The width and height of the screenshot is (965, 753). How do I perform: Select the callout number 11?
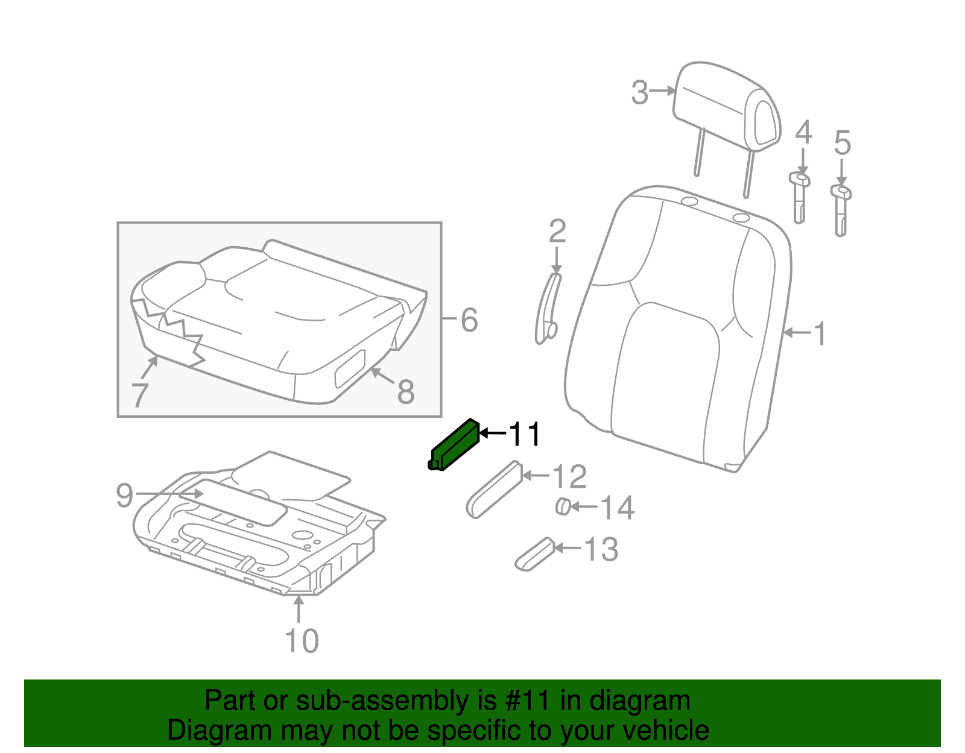tap(525, 434)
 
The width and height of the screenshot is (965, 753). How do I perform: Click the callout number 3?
tap(640, 93)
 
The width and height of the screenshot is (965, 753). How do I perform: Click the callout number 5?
tap(842, 143)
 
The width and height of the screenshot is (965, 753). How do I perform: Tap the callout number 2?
tap(557, 232)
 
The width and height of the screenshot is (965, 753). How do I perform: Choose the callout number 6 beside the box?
tap(469, 320)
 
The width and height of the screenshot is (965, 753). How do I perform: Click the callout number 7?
tap(140, 395)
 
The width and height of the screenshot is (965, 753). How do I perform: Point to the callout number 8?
tap(406, 392)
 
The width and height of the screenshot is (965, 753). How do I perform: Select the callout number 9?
tap(124, 496)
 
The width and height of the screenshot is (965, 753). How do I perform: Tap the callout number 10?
tap(302, 641)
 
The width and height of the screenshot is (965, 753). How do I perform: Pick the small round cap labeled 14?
tap(563, 506)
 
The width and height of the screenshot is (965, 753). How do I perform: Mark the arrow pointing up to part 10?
tap(299, 609)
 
